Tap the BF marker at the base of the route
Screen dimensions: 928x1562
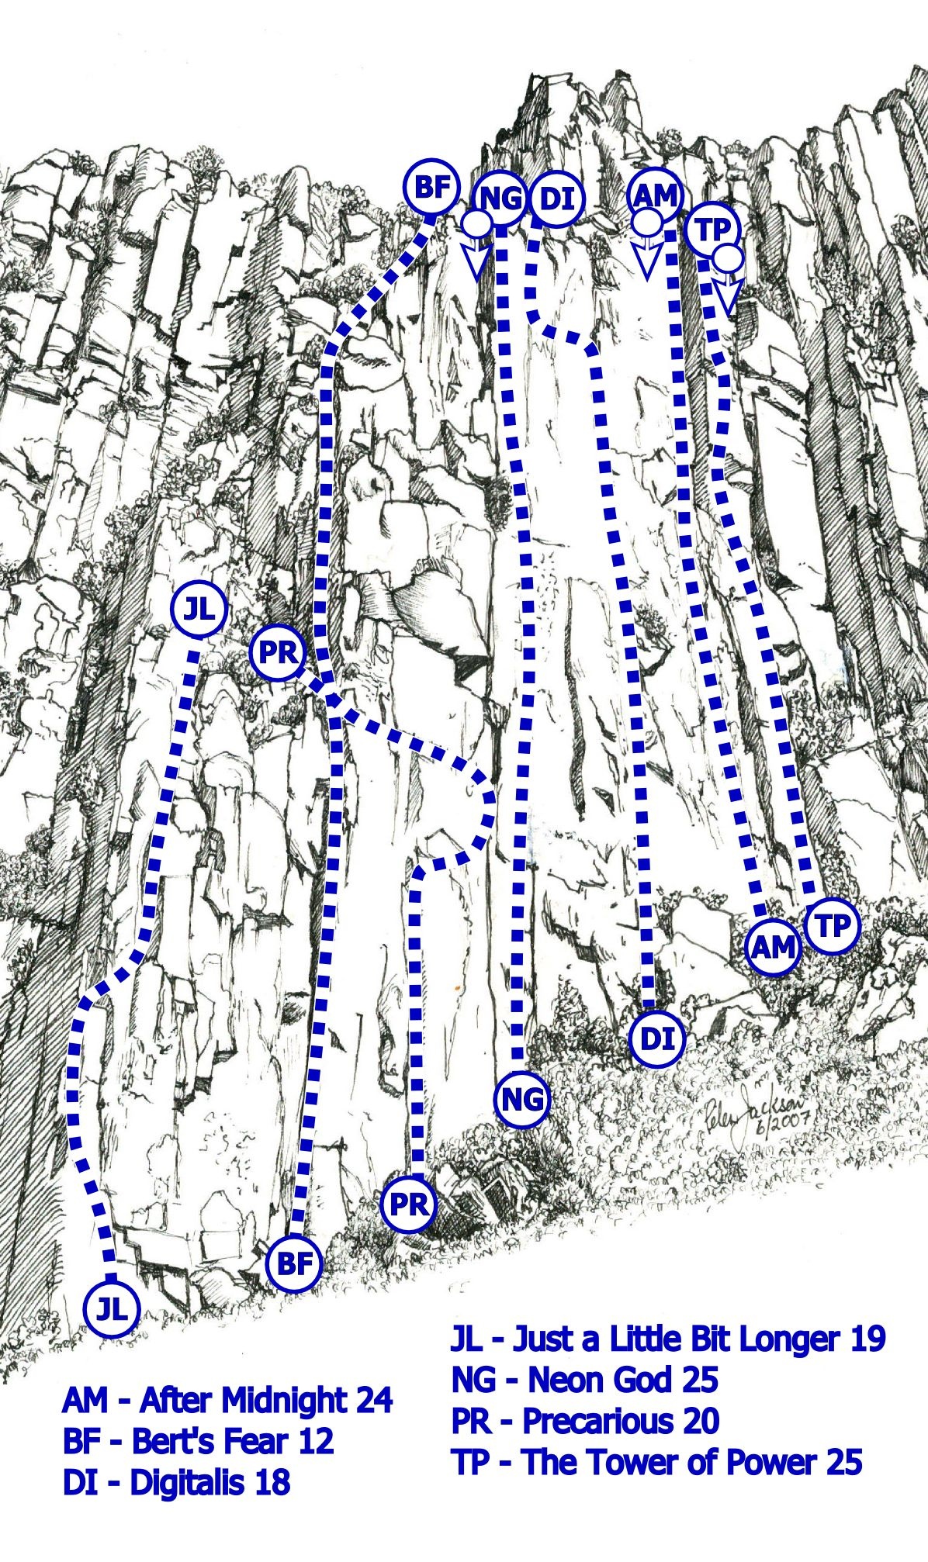click(294, 1264)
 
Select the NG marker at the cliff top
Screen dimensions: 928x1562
click(500, 199)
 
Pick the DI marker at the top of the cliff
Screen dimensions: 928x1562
click(558, 199)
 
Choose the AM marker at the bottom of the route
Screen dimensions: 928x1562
click(774, 947)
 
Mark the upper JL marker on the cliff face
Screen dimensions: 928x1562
click(199, 610)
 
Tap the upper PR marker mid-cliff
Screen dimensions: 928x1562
click(278, 653)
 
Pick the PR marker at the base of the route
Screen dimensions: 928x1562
click(409, 1204)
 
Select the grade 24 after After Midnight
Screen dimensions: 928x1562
click(374, 1401)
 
